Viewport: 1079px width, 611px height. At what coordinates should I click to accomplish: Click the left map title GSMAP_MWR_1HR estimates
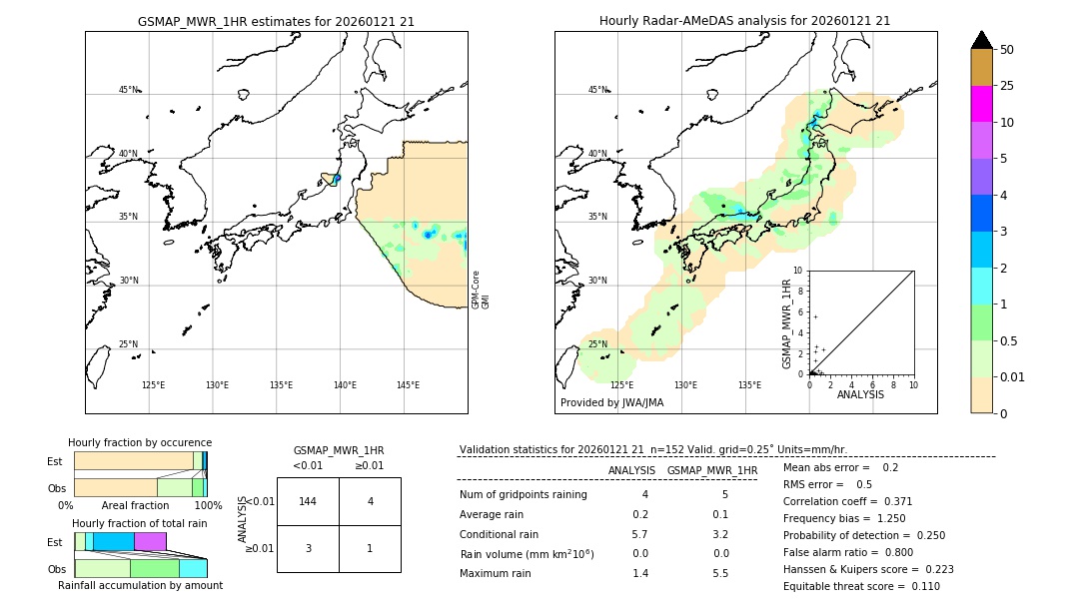pos(276,21)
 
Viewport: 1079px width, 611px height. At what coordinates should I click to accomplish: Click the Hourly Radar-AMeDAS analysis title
pos(744,21)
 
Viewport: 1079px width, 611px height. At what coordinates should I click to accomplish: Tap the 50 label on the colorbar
pos(1007,50)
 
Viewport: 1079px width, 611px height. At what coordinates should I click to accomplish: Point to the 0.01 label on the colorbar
pos(1013,376)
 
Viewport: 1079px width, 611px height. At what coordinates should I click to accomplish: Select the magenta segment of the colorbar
pos(981,104)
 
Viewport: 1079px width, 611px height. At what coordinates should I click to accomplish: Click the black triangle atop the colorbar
pos(981,40)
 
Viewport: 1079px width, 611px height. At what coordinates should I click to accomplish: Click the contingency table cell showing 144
pos(308,501)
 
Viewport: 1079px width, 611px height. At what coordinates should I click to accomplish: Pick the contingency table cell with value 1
pos(370,548)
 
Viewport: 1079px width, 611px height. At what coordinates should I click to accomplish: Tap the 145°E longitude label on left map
pos(408,385)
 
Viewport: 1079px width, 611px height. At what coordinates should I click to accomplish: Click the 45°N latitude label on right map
pos(596,90)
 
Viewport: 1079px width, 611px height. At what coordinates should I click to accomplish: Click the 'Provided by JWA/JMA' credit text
pos(611,403)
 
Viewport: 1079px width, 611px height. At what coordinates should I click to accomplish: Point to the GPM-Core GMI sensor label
pos(480,290)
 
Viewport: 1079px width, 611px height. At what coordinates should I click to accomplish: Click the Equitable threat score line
pos(861,586)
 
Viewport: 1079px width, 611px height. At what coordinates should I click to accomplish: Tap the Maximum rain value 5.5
pos(719,573)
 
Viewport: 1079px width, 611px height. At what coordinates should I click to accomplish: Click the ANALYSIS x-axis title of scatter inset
pos(860,394)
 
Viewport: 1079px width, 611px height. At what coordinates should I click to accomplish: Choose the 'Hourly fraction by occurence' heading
pos(140,442)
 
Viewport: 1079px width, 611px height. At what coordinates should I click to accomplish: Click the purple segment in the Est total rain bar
pos(150,541)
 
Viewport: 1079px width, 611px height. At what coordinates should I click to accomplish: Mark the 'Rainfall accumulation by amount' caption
pos(140,585)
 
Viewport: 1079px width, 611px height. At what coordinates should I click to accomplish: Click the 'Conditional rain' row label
pos(499,534)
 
